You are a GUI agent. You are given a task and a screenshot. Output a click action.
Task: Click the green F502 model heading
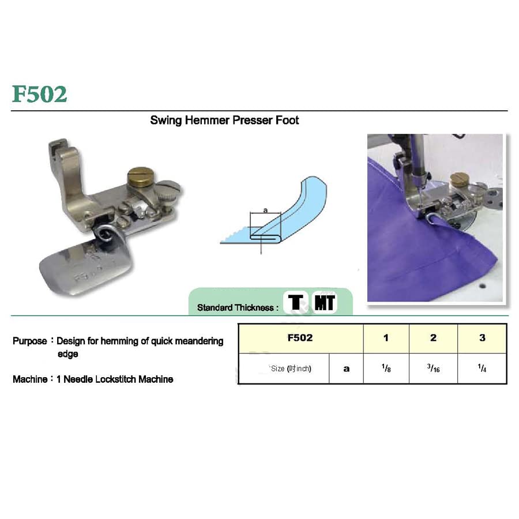click(x=39, y=94)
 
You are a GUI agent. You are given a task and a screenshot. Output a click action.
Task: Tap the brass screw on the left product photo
click(x=141, y=177)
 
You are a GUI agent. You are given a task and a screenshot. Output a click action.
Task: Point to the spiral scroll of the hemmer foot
click(x=107, y=234)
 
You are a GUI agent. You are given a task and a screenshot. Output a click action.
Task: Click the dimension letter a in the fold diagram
click(x=265, y=210)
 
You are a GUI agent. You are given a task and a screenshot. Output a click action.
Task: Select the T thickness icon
click(x=296, y=302)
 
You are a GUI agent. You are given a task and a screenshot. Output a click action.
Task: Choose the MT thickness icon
click(x=324, y=302)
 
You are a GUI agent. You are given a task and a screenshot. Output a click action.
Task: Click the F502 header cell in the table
click(x=300, y=338)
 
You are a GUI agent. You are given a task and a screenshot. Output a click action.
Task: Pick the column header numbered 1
click(x=386, y=338)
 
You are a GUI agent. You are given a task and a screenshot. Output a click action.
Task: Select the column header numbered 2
click(x=433, y=338)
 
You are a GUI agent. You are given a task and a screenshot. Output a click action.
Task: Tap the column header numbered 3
click(x=482, y=338)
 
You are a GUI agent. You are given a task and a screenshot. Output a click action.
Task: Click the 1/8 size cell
click(x=386, y=368)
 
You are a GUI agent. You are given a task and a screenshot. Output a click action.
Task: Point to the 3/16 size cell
click(x=433, y=368)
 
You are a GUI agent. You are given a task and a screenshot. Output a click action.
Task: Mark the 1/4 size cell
click(x=482, y=368)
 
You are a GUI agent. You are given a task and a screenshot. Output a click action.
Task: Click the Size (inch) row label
click(x=291, y=368)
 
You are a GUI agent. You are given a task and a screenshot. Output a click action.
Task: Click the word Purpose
click(x=30, y=341)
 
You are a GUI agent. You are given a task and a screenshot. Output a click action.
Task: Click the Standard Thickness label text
click(x=235, y=307)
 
